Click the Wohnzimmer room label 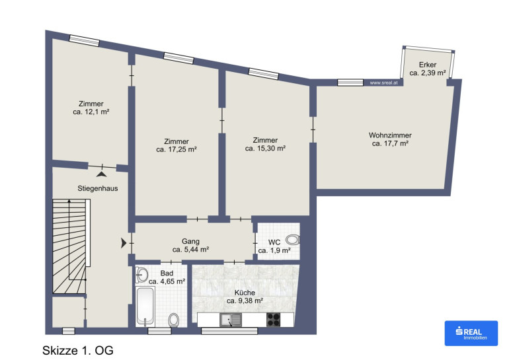tap(390, 135)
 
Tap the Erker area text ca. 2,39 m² tap(427, 73)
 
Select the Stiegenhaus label tap(97, 188)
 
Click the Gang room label tap(190, 241)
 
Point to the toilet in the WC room tap(293, 240)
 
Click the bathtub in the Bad tap(145, 306)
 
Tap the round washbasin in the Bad tap(141, 275)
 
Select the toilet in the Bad tap(174, 320)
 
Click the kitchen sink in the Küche tap(231, 320)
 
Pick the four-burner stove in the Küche tap(273, 320)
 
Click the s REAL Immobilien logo tap(471, 334)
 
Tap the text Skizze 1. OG tap(78, 351)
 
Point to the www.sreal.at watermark tap(383, 83)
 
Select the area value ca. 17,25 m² tap(176, 149)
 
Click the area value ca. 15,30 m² tap(265, 148)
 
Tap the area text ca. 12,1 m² tap(91, 112)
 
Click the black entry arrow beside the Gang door tap(124, 243)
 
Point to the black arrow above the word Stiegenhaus tap(101, 174)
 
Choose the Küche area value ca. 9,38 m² tap(245, 301)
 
